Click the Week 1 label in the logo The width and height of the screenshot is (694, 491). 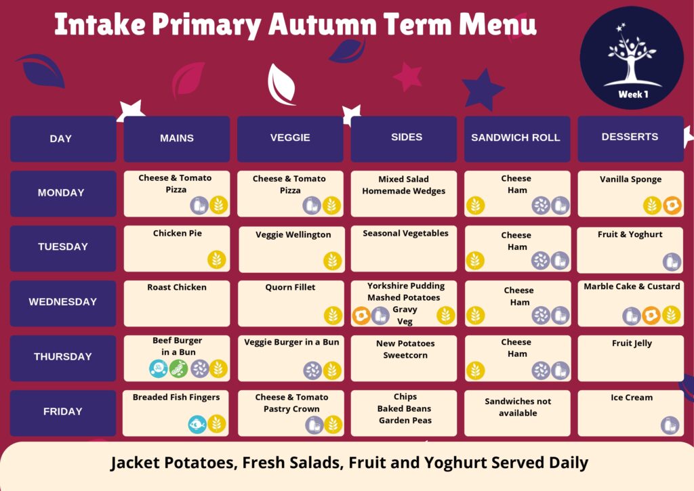click(x=633, y=94)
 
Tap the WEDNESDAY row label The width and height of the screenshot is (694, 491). click(x=63, y=302)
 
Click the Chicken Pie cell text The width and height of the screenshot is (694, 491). click(x=178, y=233)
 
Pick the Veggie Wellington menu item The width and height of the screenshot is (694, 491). click(x=293, y=235)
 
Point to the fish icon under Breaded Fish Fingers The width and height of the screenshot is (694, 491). click(x=197, y=425)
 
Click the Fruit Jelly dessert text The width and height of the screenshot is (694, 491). click(x=632, y=343)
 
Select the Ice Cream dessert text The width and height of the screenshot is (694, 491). click(x=632, y=398)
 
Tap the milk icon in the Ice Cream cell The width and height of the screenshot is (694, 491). click(x=670, y=425)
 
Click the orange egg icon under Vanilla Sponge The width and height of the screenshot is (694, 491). click(x=672, y=205)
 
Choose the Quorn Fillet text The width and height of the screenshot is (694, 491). click(x=290, y=288)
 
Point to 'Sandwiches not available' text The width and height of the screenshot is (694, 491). click(x=518, y=407)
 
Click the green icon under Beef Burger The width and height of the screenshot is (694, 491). click(x=178, y=369)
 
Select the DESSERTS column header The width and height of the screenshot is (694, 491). click(x=630, y=137)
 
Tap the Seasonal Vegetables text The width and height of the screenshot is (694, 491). click(x=405, y=234)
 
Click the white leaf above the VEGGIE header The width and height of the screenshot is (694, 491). click(x=281, y=85)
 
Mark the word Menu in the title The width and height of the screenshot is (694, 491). click(x=498, y=24)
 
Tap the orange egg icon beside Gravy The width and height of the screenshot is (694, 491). click(x=361, y=316)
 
